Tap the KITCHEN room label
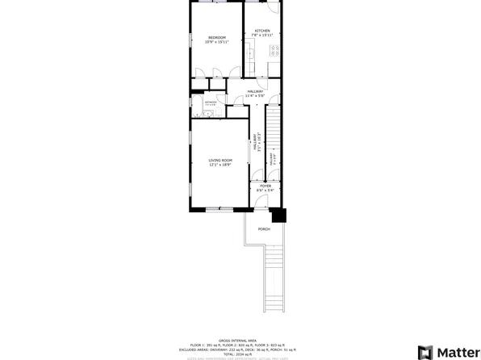click(x=261, y=31)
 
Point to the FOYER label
click(x=265, y=186)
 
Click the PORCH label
click(x=264, y=229)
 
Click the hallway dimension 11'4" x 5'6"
click(x=256, y=96)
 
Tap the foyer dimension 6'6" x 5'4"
click(x=265, y=190)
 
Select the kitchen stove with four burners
click(x=275, y=50)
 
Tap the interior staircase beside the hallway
click(x=274, y=137)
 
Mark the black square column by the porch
click(x=278, y=216)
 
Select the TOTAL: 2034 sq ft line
click(x=243, y=354)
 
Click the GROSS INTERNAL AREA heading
click(x=243, y=341)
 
